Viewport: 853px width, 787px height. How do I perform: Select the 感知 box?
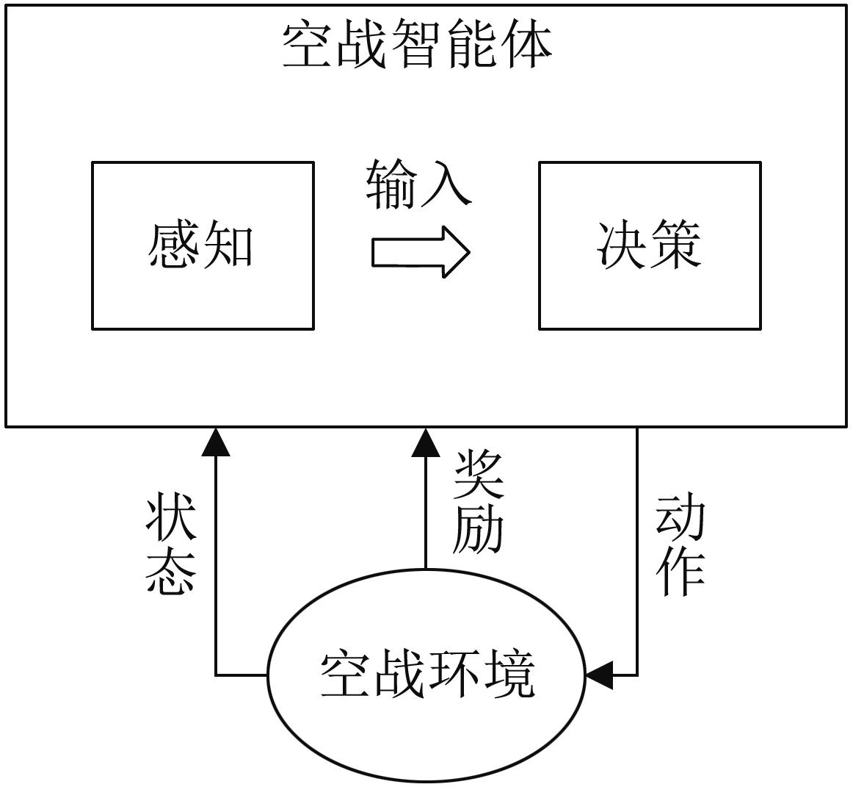point(203,245)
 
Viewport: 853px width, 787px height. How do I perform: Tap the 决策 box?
point(650,245)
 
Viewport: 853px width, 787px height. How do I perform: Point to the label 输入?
point(418,183)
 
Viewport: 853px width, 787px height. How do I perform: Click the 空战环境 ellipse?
point(426,674)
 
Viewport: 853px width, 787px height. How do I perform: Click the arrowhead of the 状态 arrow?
point(216,441)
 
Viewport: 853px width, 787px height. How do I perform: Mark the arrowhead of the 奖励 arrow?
point(426,442)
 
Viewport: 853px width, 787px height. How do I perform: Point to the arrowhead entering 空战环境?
point(599,675)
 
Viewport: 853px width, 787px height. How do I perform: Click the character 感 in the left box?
point(174,245)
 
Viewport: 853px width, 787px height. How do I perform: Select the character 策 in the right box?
point(676,245)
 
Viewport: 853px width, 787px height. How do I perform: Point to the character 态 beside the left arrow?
point(171,571)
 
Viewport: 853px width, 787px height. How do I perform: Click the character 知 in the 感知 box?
point(229,245)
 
